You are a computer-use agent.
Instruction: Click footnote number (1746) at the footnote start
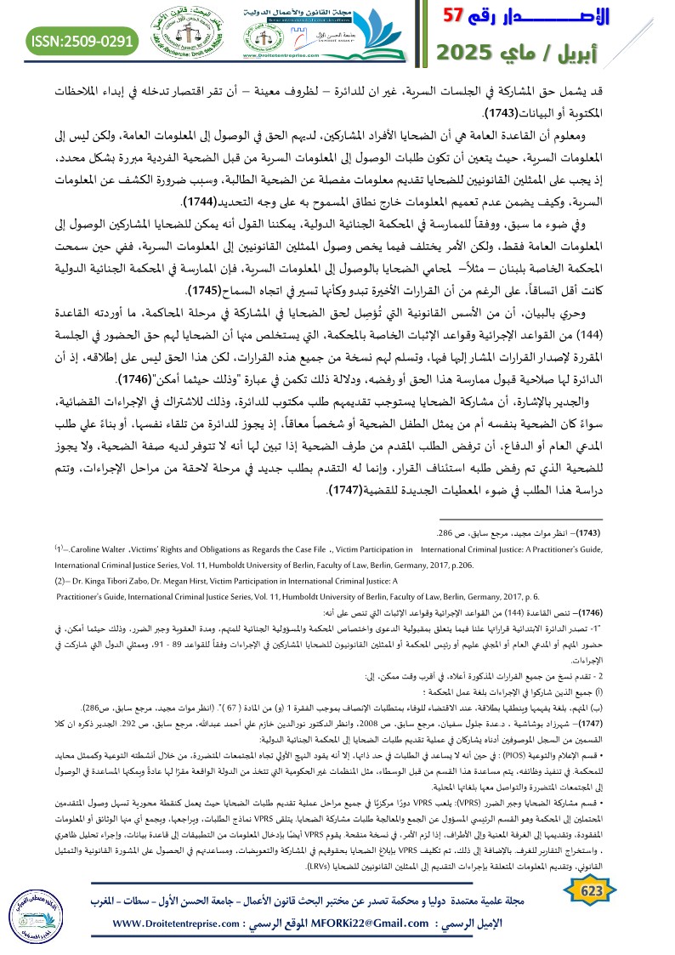coord(580,611)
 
